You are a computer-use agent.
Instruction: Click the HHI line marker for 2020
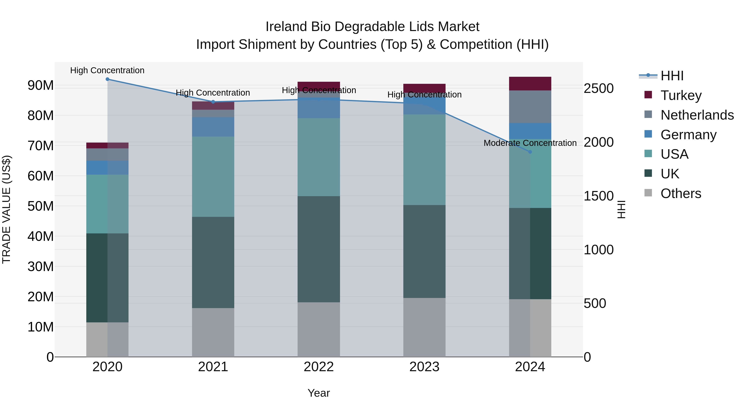[107, 79]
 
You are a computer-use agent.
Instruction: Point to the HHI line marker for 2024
[530, 152]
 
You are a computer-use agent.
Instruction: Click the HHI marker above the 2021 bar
[213, 102]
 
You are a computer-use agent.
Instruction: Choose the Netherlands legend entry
[697, 115]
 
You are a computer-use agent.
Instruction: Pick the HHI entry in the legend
[672, 76]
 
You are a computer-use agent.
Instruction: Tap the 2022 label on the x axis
[319, 367]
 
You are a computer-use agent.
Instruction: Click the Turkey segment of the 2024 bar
[530, 84]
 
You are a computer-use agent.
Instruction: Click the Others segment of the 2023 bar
[424, 327]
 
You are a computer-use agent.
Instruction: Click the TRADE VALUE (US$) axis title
[6, 209]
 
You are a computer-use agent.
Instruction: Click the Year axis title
[318, 393]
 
